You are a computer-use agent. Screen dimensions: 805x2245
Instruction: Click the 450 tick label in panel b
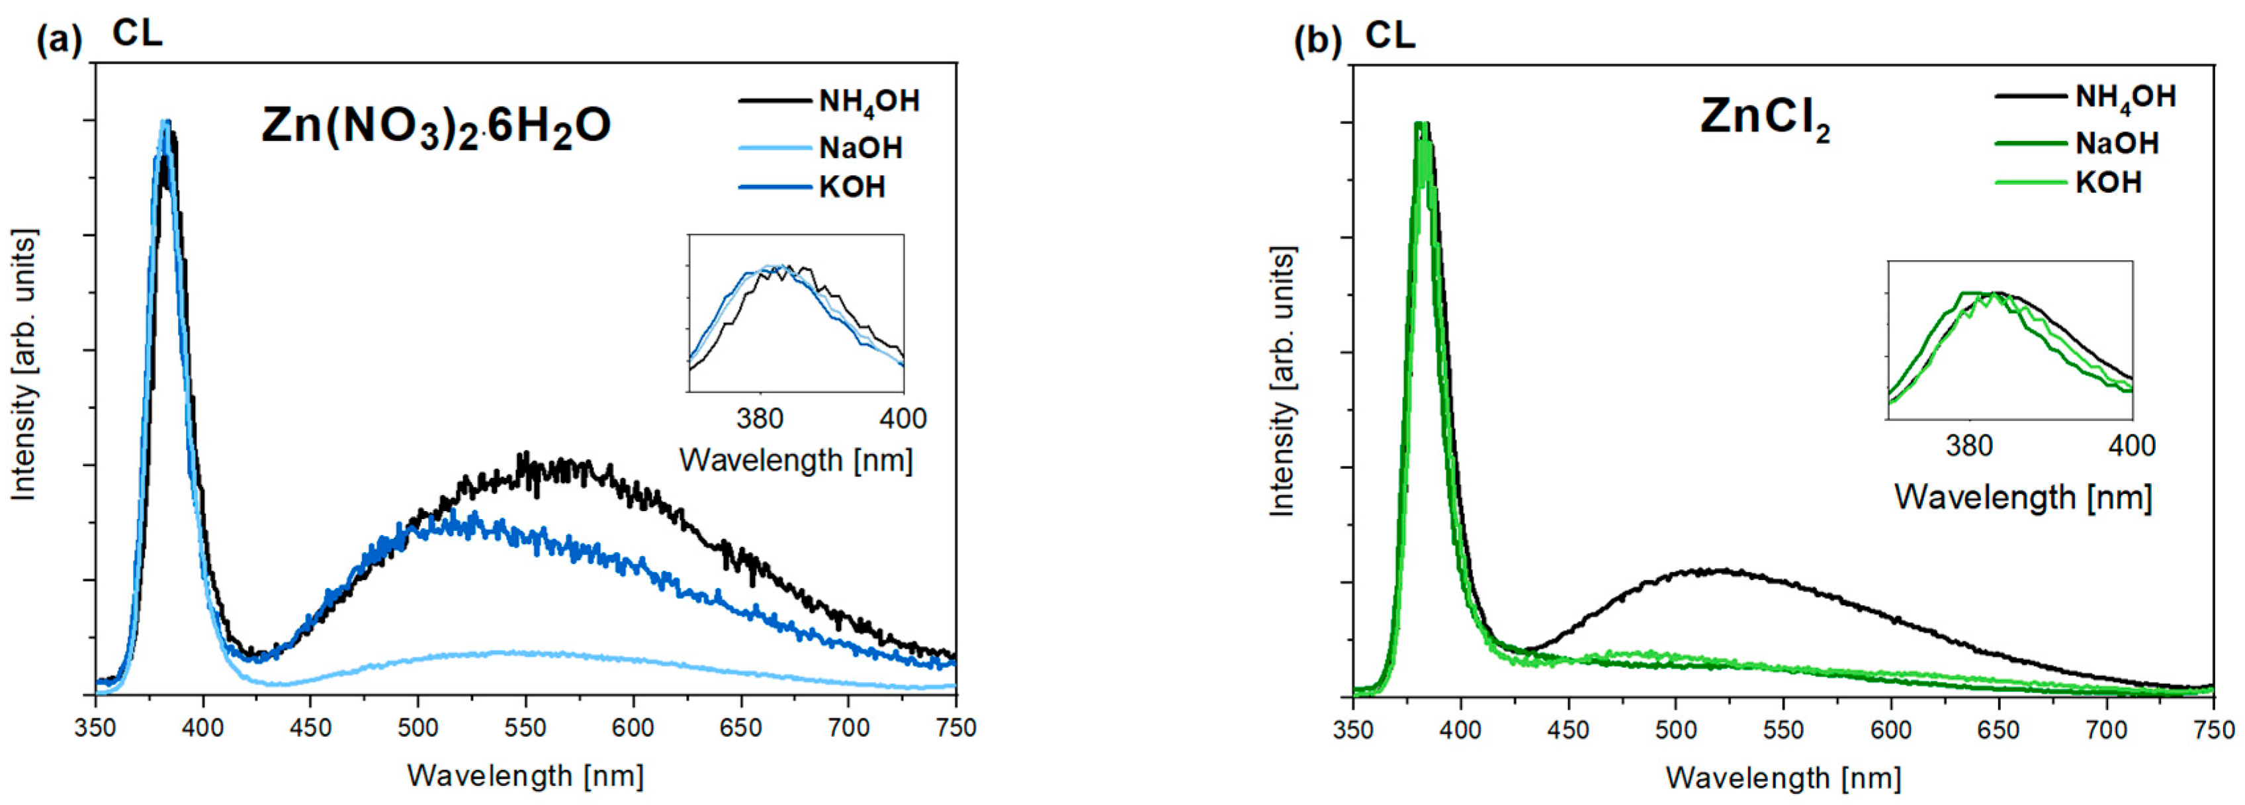click(x=1568, y=729)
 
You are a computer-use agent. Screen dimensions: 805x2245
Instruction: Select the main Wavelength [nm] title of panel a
click(x=525, y=775)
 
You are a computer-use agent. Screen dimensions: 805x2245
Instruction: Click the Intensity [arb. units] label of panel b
click(x=1282, y=381)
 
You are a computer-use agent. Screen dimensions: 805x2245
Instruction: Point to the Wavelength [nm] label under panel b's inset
click(x=2022, y=497)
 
